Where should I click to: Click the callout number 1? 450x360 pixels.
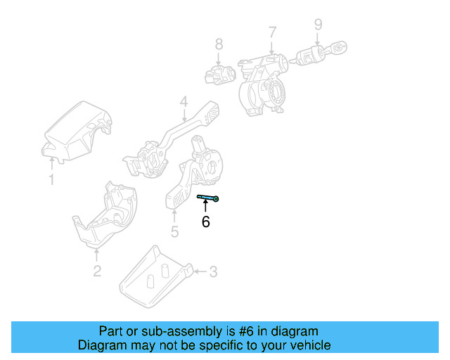[x=51, y=180]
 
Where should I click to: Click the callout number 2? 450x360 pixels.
[x=97, y=271]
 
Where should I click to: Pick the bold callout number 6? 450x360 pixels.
[x=205, y=222]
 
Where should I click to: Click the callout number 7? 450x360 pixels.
[x=272, y=32]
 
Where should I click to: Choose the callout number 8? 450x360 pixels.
[x=219, y=45]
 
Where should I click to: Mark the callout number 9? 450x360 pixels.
[x=318, y=25]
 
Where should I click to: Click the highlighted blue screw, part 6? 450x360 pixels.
[x=208, y=198]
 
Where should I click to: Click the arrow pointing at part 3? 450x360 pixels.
[x=199, y=271]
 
